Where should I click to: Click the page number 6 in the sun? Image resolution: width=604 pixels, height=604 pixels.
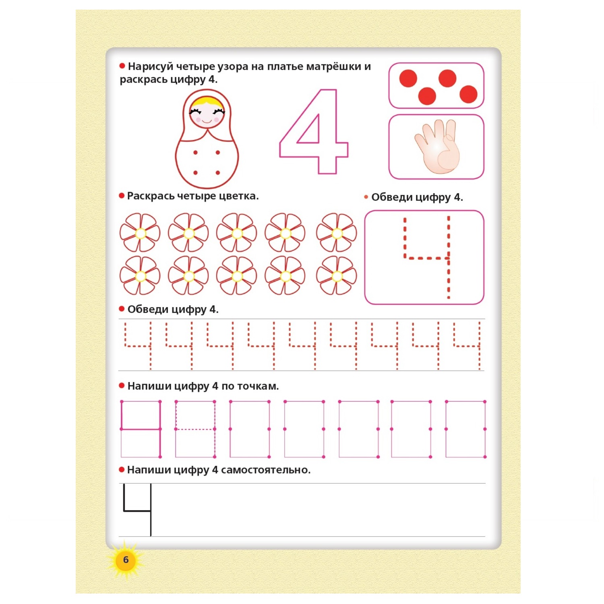click(x=126, y=560)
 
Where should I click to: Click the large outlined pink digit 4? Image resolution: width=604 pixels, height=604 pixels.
click(x=314, y=131)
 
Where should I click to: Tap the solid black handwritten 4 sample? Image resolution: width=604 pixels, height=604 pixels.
click(x=137, y=510)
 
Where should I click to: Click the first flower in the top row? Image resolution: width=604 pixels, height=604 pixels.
click(x=140, y=233)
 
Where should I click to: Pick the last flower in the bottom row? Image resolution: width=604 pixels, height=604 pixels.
click(x=337, y=276)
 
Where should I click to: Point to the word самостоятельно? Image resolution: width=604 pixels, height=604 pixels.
click(x=266, y=470)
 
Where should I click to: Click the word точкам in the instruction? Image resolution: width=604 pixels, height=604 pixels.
click(x=258, y=386)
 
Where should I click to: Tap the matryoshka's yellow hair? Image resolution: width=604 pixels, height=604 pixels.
click(x=207, y=101)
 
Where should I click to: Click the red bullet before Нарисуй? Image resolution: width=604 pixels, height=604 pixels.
click(x=122, y=66)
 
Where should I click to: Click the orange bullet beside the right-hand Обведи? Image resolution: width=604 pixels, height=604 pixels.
click(x=366, y=197)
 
